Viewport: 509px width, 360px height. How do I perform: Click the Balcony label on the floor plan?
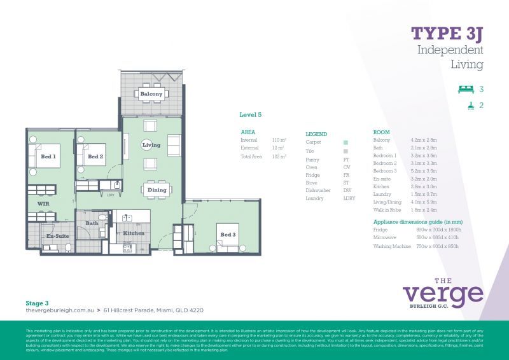click(x=151, y=94)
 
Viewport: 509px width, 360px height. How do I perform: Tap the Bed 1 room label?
click(x=48, y=156)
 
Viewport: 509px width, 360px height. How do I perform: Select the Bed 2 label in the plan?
click(x=95, y=156)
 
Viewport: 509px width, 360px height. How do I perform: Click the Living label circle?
click(x=151, y=145)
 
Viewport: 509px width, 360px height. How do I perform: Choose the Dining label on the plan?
click(x=157, y=190)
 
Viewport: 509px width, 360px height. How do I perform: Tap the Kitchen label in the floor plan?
click(x=134, y=233)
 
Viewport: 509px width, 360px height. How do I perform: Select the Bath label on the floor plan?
click(x=92, y=223)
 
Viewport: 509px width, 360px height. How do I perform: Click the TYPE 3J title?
click(x=447, y=33)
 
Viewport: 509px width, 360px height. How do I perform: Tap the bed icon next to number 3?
click(x=466, y=89)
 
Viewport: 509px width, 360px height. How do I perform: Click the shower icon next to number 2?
click(x=470, y=106)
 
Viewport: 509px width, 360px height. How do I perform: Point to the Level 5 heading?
click(x=250, y=115)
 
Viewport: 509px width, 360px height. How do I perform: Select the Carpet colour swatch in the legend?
click(x=345, y=143)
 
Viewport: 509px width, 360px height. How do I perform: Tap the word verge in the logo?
click(x=443, y=294)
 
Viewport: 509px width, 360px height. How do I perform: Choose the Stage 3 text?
click(x=37, y=303)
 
